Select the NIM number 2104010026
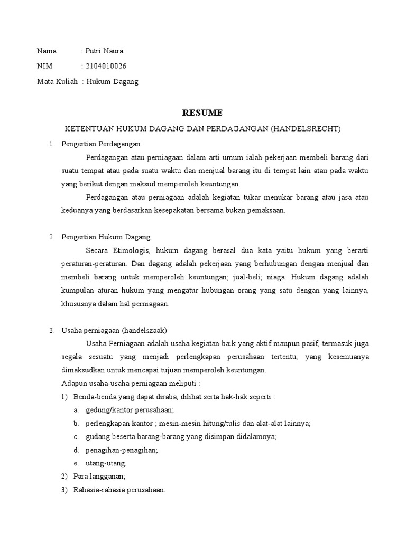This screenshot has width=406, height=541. coord(106,67)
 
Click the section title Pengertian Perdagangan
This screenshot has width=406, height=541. coord(101,144)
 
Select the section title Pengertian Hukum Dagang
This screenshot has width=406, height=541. coord(106,237)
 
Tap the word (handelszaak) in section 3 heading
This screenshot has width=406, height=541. coord(144,331)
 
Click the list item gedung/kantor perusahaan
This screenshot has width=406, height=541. coord(130,409)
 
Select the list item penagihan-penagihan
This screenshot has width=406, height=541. coord(122,450)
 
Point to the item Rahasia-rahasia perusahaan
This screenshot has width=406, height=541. coord(119,490)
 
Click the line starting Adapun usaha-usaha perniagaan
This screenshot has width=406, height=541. coord(131,383)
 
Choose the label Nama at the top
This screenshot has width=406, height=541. coord(47,51)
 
